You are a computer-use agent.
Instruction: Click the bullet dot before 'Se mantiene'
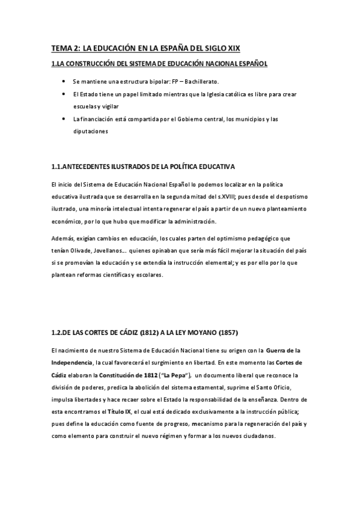[x=64, y=80]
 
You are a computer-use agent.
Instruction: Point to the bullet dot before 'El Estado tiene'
[x=64, y=94]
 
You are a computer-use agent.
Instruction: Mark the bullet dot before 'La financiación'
[x=64, y=119]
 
